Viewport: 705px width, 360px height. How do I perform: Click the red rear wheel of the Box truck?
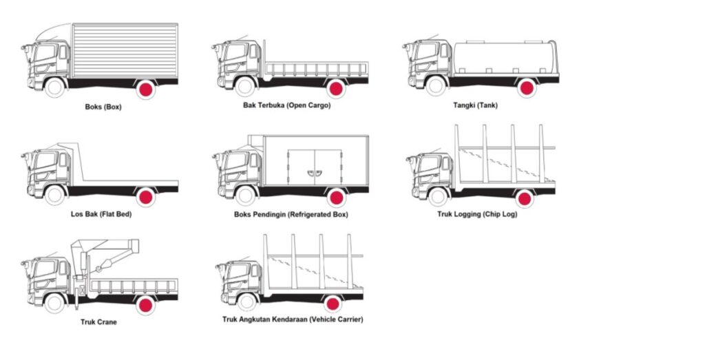point(145,89)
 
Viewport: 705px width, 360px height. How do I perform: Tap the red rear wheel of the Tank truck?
point(527,87)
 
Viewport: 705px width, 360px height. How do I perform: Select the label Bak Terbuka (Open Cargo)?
point(286,105)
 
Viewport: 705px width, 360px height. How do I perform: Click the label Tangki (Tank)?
point(475,105)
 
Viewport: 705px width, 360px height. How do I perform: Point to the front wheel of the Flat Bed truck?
point(55,196)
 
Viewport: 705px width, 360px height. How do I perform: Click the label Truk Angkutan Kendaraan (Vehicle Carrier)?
point(293,319)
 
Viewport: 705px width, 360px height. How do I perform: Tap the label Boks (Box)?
point(103,107)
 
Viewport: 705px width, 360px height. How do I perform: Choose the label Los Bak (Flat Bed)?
point(101,214)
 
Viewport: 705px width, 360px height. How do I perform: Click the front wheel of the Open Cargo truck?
point(244,87)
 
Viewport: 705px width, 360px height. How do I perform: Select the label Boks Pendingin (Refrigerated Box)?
point(291,214)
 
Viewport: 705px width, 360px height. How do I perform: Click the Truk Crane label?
point(98,321)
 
